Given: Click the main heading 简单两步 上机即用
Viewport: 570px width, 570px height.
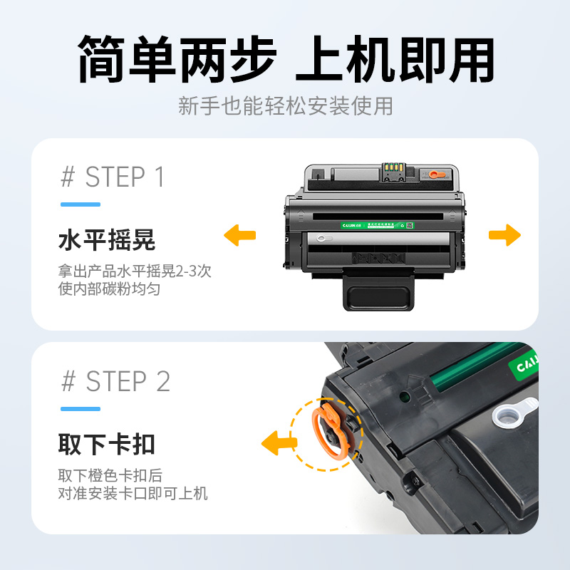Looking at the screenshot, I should [285, 59].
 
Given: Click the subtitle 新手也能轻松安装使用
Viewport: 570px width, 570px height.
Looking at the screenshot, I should [285, 107].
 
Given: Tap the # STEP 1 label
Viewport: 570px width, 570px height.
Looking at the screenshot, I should [113, 177].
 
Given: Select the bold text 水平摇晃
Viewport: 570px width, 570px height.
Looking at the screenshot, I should [107, 241].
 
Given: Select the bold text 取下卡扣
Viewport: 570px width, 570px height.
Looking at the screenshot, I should [107, 445].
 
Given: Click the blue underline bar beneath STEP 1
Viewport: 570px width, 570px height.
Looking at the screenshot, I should [80, 204].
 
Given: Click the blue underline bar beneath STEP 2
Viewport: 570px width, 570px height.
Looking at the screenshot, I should [80, 409].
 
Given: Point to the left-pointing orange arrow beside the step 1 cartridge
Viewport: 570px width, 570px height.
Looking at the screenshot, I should [240, 234].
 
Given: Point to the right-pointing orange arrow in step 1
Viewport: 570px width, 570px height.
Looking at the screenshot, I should [505, 234].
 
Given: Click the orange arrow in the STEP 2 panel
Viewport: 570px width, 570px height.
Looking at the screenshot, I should [279, 444].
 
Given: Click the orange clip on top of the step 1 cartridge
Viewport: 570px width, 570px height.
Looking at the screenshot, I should [435, 174].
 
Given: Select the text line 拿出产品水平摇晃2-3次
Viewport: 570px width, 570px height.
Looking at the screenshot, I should [134, 271].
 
